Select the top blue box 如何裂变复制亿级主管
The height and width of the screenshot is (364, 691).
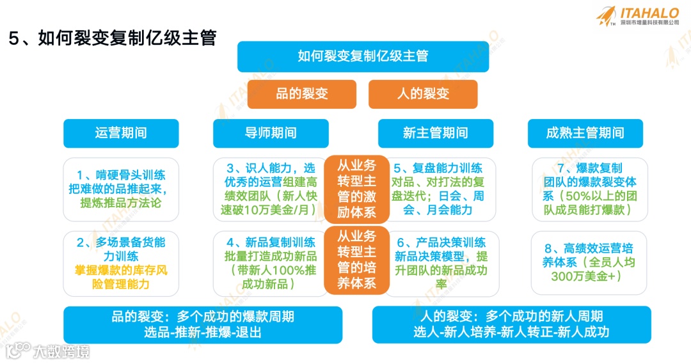[x=363, y=56]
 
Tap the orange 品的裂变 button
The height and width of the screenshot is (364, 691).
[x=301, y=93]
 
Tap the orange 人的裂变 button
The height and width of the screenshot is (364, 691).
[x=423, y=93]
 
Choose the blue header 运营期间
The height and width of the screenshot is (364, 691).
[x=121, y=133]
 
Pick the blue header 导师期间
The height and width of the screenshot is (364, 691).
[x=271, y=133]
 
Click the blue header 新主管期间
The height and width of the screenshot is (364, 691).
[x=435, y=133]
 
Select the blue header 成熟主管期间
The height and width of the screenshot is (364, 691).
[x=585, y=133]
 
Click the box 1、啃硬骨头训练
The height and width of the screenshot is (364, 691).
[x=121, y=189]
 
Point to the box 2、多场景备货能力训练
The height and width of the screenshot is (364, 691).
[x=121, y=262]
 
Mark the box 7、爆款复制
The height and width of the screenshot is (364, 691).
[x=589, y=189]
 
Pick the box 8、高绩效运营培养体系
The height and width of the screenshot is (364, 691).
[x=589, y=262]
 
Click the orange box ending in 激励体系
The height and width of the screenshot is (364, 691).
[x=356, y=189]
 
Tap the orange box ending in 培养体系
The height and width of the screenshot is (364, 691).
[x=356, y=259]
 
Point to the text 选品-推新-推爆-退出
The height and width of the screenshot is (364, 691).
[x=203, y=333]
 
